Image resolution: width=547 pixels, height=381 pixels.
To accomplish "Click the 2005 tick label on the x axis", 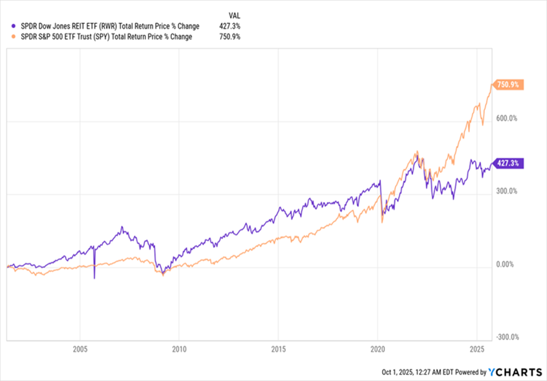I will (80, 348).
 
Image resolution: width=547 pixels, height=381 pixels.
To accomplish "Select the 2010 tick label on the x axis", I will (179, 348).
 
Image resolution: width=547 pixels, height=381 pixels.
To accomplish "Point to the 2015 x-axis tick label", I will (278, 348).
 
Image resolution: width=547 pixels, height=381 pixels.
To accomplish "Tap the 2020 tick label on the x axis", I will (378, 348).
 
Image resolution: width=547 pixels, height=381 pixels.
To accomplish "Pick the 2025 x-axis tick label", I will (477, 348).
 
